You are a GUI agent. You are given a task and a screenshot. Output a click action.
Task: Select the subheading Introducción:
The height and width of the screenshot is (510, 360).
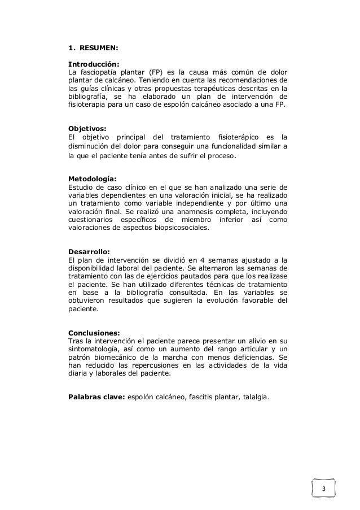point(93,64)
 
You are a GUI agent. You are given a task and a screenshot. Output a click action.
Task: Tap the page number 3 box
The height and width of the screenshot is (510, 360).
point(324,487)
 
